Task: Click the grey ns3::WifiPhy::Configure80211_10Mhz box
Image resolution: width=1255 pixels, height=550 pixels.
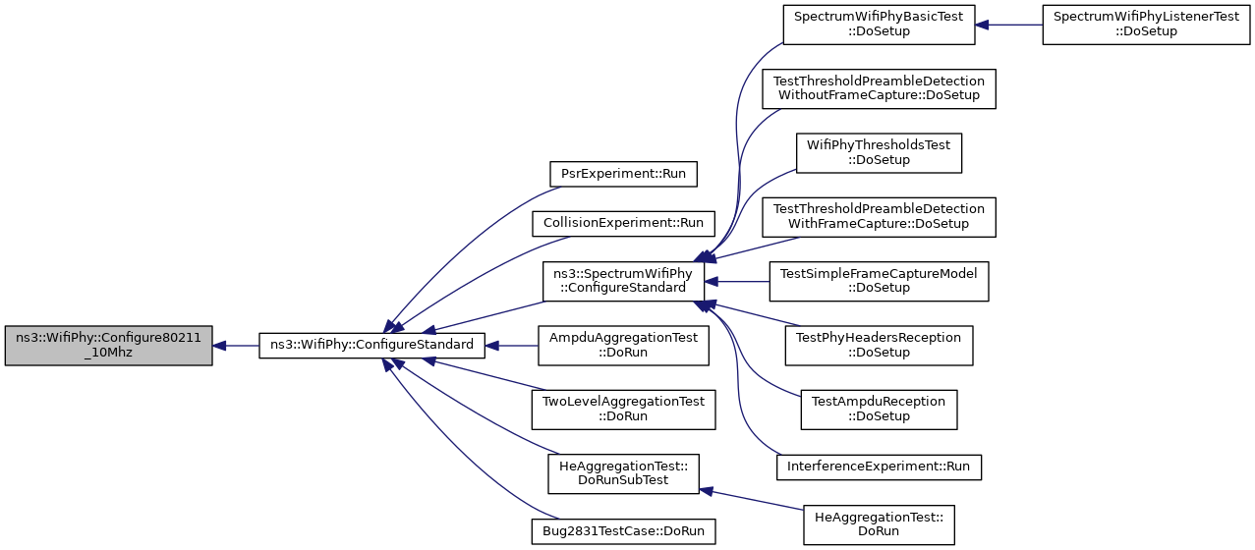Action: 109,346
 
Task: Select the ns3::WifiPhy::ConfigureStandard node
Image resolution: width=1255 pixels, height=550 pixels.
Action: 371,346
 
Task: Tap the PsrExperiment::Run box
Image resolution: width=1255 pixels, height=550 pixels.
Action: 623,174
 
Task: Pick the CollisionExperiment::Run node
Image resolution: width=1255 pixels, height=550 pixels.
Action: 623,224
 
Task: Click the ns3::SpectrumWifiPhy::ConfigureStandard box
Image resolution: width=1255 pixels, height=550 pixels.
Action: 623,281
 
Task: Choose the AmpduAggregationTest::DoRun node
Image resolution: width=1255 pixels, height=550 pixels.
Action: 623,346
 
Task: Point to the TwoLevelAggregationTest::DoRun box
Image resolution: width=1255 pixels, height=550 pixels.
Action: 623,410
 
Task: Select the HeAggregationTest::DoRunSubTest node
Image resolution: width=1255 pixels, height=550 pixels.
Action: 623,473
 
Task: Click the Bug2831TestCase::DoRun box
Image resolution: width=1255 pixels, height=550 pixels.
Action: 623,531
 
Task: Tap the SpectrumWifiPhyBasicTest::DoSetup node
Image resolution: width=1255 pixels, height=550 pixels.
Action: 879,25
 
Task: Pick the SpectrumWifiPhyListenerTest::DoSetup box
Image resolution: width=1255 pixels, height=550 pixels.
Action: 1146,25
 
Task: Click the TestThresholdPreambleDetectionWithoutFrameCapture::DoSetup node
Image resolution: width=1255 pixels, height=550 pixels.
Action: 879,89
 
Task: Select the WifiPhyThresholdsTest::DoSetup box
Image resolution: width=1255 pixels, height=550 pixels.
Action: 879,153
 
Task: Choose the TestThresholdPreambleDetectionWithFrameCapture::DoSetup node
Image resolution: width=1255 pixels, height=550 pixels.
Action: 879,217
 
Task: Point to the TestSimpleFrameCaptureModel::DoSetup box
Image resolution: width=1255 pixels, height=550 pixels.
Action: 879,281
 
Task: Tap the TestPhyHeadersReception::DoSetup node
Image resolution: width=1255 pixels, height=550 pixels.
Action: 879,346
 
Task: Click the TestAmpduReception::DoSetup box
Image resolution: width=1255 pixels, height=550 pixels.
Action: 879,410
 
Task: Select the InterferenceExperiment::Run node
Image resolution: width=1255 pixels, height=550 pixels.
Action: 879,467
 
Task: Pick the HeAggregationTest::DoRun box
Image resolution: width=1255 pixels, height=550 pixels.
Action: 879,524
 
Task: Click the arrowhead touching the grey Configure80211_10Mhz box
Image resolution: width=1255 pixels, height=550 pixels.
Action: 219,346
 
